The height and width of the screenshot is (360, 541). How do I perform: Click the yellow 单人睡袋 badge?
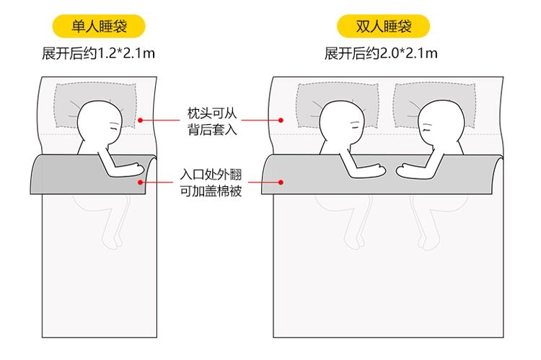pos(100,27)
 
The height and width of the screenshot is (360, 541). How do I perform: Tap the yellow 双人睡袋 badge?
pos(384,27)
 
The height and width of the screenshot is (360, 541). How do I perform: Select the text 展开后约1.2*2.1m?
pos(100,53)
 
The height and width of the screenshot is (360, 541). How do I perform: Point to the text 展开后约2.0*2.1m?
pos(384,53)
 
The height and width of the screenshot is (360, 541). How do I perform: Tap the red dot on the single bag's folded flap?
pos(141,183)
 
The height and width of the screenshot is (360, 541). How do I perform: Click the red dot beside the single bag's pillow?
pos(141,120)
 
